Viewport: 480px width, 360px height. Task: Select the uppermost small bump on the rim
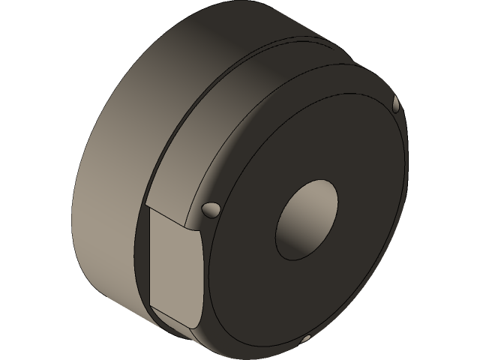397,103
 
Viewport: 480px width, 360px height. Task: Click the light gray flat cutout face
174,270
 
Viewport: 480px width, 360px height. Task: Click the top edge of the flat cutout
176,220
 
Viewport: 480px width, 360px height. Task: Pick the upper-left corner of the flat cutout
149,208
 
